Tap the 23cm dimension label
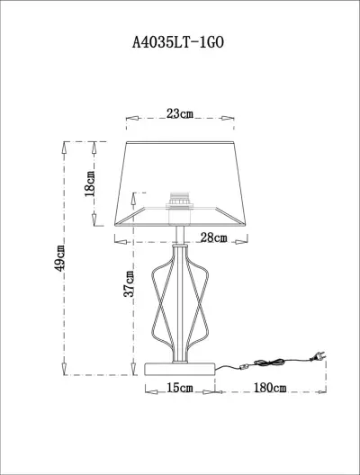[x=180, y=114]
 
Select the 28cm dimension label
[x=212, y=237]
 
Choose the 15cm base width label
[x=180, y=389]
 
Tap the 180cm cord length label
[x=269, y=389]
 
